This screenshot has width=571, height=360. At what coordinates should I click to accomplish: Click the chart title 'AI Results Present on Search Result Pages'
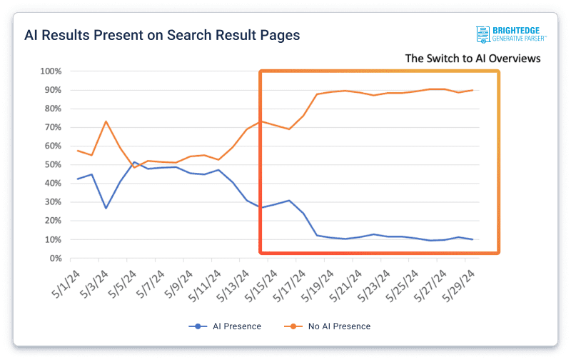162,35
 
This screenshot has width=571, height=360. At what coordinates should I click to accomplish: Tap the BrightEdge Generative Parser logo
512,35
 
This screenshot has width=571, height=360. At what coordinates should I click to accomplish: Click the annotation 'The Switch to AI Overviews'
473,59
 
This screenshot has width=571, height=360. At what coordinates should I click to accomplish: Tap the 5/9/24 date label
178,281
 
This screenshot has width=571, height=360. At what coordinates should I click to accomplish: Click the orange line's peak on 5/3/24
106,121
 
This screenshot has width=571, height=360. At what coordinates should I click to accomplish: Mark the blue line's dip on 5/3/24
106,208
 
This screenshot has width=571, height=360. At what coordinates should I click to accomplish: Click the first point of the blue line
78,179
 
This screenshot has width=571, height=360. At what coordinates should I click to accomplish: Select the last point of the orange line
473,90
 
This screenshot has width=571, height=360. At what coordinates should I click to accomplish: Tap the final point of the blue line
473,239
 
